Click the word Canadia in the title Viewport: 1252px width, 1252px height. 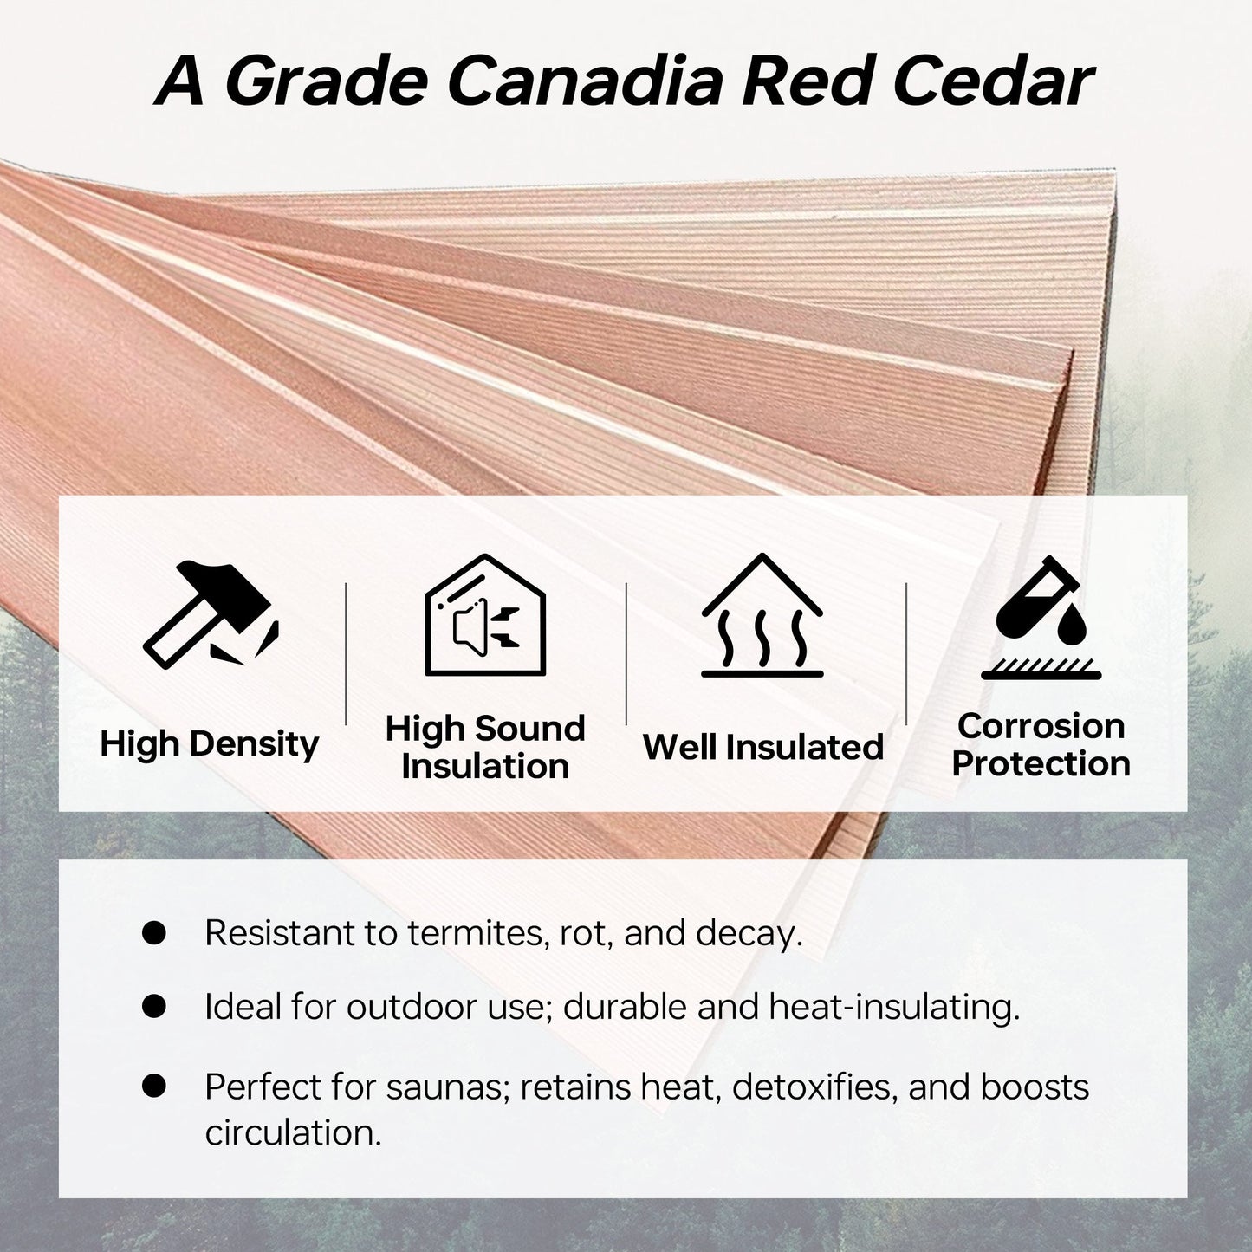585,81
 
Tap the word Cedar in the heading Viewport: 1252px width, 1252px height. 994,81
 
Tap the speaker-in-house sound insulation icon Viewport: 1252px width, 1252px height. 484,614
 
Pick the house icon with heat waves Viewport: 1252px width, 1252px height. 762,614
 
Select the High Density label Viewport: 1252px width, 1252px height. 209,744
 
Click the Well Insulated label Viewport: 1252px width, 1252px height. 762,747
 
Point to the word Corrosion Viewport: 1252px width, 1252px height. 1041,726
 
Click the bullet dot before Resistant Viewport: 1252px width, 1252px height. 154,932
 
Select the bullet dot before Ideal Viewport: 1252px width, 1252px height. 154,1007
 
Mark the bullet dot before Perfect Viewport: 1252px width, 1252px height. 154,1086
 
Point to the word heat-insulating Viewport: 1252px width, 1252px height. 895,1009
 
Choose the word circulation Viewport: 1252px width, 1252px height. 293,1133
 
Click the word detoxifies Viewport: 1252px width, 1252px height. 815,1087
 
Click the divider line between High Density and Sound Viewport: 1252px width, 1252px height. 346,653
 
